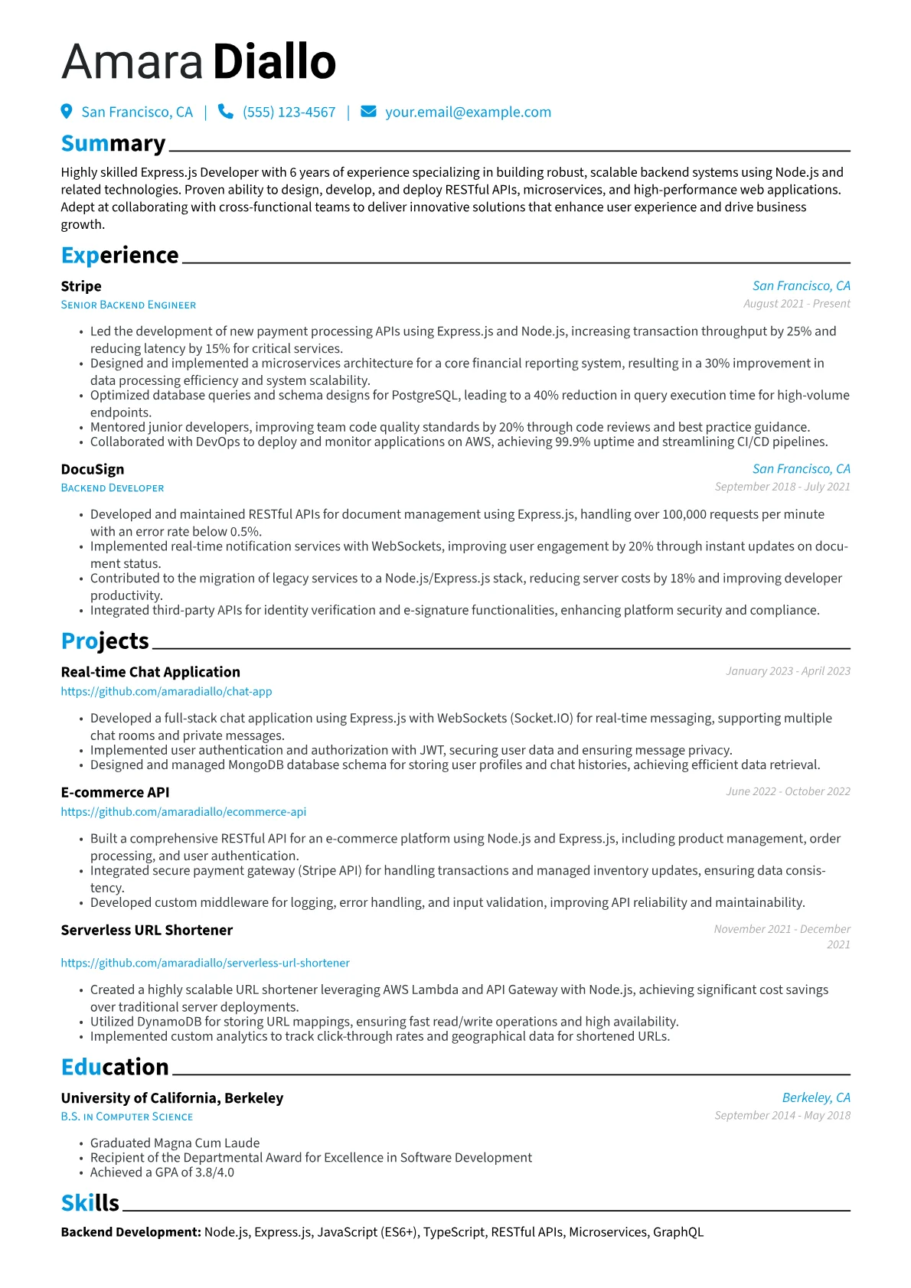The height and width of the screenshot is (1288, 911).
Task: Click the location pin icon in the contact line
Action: [x=67, y=112]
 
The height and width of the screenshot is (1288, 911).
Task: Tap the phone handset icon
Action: [x=225, y=112]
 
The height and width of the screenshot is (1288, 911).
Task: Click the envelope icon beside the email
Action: [x=368, y=112]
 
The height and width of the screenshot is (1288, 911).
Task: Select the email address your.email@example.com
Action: [x=468, y=112]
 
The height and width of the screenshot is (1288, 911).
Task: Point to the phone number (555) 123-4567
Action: [x=289, y=112]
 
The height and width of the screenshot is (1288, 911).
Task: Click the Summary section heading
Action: [x=113, y=144]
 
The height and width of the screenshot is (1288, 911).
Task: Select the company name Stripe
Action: [x=81, y=286]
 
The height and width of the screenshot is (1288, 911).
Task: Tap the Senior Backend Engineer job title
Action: [x=129, y=305]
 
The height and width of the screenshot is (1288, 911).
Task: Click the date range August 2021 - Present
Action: [x=796, y=304]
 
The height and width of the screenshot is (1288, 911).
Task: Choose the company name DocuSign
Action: [x=93, y=469]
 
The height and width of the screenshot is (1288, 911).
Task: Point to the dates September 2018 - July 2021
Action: [x=782, y=487]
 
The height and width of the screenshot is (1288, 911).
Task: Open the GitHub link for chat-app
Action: [x=166, y=691]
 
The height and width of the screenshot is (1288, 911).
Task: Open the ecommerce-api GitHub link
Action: [x=184, y=811]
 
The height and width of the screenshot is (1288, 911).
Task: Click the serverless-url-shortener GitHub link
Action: [x=205, y=963]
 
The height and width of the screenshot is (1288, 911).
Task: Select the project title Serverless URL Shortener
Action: [x=147, y=930]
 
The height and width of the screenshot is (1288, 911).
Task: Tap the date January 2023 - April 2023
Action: [x=788, y=671]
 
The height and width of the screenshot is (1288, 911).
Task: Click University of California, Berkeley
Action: [x=172, y=1098]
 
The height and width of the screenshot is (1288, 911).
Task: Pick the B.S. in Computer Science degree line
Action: [x=127, y=1117]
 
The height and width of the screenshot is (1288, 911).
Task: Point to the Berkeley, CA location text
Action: [x=816, y=1097]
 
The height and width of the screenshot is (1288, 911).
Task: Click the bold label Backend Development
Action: [x=131, y=1232]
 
